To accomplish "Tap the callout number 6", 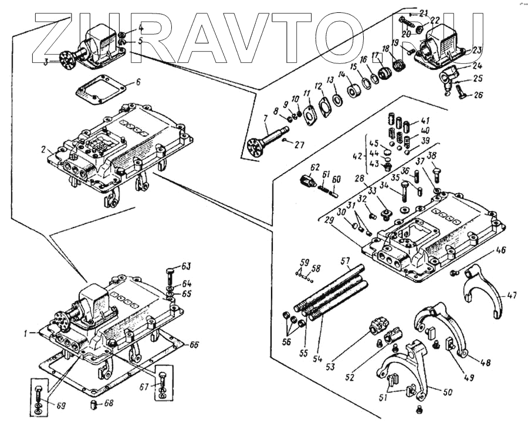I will pos(138,82).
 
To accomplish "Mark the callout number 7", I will pos(265,120).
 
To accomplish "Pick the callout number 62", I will pos(315,167).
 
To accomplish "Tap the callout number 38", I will pos(432,155).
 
